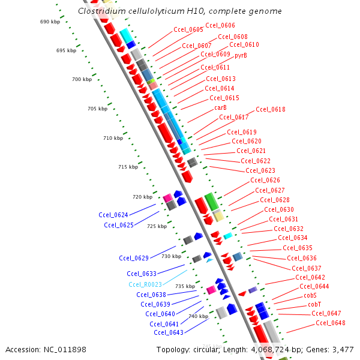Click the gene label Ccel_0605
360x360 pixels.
tap(188, 29)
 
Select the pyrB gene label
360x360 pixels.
tap(240, 55)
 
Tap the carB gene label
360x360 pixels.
tap(220, 107)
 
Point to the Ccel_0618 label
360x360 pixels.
tap(270, 109)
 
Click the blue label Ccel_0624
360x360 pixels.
tap(113, 214)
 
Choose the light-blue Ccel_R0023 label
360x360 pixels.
tap(145, 284)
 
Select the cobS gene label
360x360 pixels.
tap(310, 295)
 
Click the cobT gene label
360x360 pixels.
tap(314, 304)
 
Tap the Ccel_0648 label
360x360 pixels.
tap(330, 323)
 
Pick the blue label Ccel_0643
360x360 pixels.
tap(169, 332)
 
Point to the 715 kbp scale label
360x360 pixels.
tap(128, 167)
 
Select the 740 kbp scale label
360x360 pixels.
tap(198, 316)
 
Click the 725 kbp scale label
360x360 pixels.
tap(157, 226)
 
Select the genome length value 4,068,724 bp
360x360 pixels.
tap(270, 349)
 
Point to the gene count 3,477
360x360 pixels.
tap(342, 349)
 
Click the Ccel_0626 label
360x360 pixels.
tap(265, 180)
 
